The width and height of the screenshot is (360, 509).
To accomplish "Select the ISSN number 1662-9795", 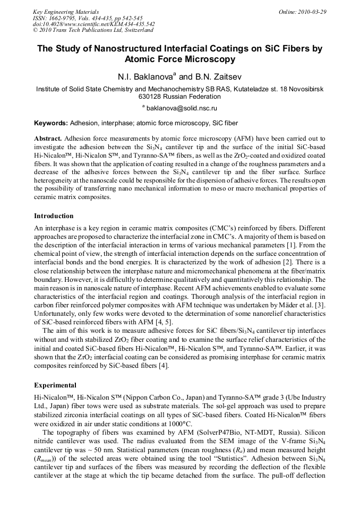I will [x=65, y=18].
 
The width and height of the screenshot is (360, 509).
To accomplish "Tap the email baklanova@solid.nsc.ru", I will [x=182, y=108].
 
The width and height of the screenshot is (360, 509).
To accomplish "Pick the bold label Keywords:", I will [x=51, y=123].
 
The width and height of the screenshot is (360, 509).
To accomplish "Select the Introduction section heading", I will [x=54, y=216].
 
